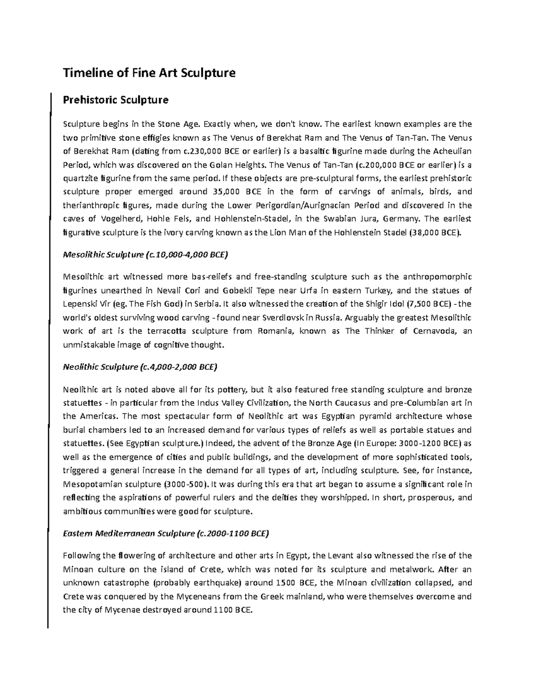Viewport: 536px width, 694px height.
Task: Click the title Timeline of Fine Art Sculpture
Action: click(149, 72)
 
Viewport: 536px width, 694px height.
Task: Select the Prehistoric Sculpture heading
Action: click(116, 100)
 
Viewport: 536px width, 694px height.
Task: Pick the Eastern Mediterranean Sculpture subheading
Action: click(166, 533)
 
